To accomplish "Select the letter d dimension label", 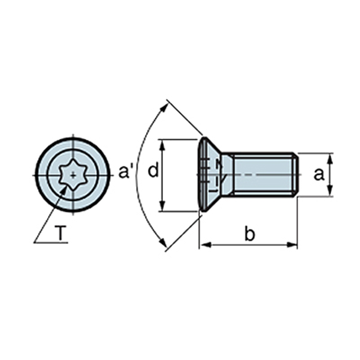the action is tap(153, 170).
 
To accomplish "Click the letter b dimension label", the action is tap(249, 234).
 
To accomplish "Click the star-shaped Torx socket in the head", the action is tap(73, 175).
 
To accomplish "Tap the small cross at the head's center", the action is tap(73, 175).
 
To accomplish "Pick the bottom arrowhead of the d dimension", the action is tap(163, 205).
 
